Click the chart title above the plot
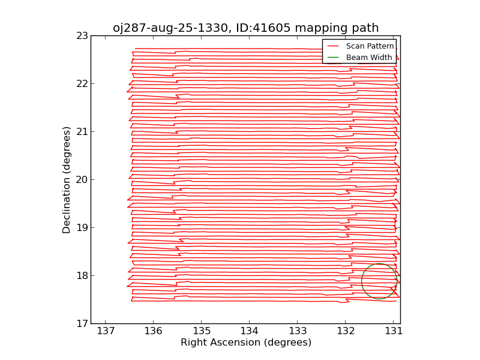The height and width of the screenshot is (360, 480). [245, 28]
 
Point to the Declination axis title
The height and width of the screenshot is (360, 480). [67, 179]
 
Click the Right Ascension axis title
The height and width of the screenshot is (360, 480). [245, 343]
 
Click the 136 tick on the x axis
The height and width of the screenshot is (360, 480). [154, 331]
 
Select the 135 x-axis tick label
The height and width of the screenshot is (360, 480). [202, 331]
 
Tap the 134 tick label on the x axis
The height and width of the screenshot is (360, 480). [250, 331]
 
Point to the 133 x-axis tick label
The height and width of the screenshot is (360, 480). [298, 331]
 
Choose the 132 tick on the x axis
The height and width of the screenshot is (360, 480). [346, 331]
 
